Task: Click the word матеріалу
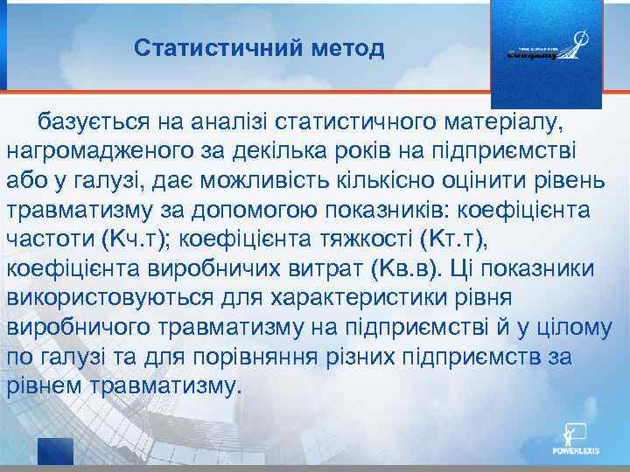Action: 516,120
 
